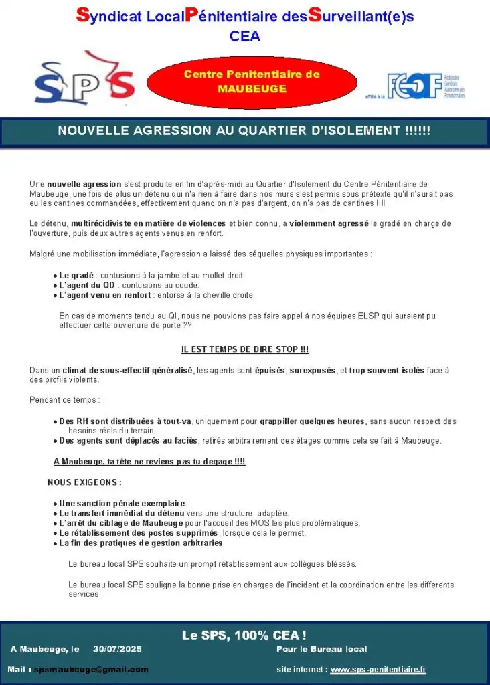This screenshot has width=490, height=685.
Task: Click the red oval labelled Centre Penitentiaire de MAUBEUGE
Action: (x=252, y=82)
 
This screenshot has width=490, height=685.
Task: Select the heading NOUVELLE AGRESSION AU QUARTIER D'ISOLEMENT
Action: (x=244, y=131)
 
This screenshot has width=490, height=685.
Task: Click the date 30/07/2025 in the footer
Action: (x=118, y=649)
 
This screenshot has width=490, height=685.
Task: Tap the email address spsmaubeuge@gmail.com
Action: (x=91, y=669)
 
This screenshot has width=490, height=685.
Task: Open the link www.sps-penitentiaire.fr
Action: (x=378, y=669)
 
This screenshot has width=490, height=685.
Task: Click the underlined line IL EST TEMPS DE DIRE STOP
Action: (x=245, y=349)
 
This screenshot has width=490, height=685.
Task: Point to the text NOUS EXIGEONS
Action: (x=84, y=482)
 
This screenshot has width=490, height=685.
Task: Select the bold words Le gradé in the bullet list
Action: (x=76, y=275)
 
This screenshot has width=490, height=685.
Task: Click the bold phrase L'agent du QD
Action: (x=87, y=285)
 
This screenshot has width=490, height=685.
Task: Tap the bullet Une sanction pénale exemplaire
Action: (x=122, y=503)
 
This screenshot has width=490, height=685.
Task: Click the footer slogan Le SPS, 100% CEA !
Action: (x=244, y=635)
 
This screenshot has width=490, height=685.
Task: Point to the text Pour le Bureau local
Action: (x=321, y=649)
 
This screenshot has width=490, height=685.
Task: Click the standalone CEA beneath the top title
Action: (x=245, y=37)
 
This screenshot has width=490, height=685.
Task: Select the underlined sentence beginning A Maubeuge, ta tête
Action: (x=149, y=462)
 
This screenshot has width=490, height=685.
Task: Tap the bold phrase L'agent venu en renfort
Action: (x=105, y=295)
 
